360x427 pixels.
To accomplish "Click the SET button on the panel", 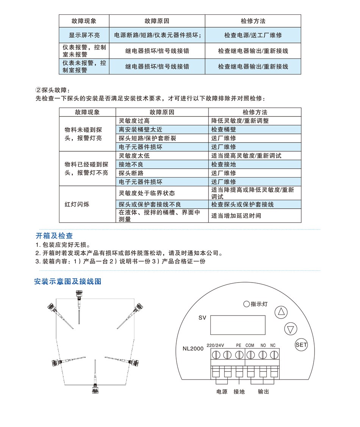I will pyautogui.click(x=301, y=345).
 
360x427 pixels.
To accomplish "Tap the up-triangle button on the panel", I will pyautogui.click(x=281, y=312).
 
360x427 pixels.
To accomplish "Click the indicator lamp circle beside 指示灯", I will pyautogui.click(x=246, y=304).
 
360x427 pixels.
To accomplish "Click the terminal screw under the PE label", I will pyautogui.click(x=239, y=355).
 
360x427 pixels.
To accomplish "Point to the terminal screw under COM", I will pyautogui.click(x=250, y=355).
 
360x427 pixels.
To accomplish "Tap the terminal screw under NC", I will pyautogui.click(x=274, y=355).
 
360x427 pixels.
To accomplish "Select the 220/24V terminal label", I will pyautogui.click(x=216, y=345).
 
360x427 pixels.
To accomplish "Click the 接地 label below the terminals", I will pyautogui.click(x=239, y=392).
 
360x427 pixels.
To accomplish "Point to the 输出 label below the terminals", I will pyautogui.click(x=263, y=392).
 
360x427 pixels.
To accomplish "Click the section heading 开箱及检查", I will pyautogui.click(x=54, y=236).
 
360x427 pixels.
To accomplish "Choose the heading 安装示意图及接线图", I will pyautogui.click(x=68, y=282).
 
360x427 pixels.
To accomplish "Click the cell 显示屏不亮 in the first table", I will pyautogui.click(x=84, y=35).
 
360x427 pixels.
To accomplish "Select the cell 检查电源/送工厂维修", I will pyautogui.click(x=253, y=35).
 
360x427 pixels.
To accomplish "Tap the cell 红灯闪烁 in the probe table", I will pyautogui.click(x=77, y=204).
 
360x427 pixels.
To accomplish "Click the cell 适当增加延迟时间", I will pyautogui.click(x=236, y=216).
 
